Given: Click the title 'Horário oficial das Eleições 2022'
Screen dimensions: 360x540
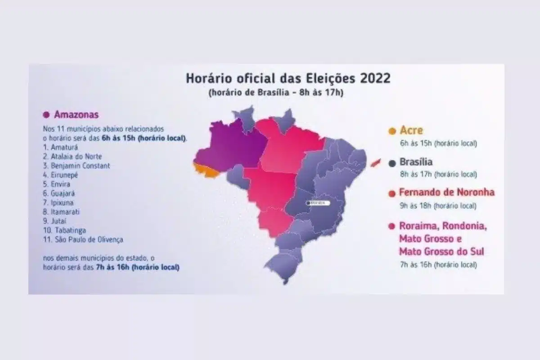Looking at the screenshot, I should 288,78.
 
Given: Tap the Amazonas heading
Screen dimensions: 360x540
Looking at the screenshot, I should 76,114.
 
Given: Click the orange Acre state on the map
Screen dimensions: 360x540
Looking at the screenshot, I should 205,170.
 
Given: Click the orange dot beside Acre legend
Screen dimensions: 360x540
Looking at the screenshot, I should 391,131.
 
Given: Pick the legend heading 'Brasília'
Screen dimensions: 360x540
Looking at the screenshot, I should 416,162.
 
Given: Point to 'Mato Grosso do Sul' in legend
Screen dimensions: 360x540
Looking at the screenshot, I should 441,251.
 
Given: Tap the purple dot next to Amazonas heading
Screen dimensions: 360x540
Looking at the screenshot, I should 46,115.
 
